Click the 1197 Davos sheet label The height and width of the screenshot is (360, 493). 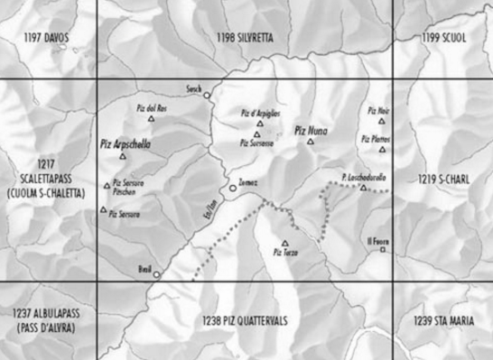(x=47, y=37)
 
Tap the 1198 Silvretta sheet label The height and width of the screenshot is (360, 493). (x=244, y=37)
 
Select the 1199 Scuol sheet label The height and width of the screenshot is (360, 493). (x=442, y=37)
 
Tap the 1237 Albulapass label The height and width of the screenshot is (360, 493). (x=45, y=319)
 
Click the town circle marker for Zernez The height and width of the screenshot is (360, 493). (x=232, y=188)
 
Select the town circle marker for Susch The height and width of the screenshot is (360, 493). (x=206, y=95)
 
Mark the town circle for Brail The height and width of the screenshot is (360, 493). (x=155, y=274)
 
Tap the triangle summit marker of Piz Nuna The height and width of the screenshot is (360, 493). (x=310, y=141)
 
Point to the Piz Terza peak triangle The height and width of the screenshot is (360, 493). (x=284, y=243)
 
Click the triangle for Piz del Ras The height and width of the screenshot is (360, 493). (x=152, y=118)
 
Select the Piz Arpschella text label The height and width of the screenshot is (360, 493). (x=126, y=143)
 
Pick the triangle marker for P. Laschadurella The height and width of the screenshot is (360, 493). (x=364, y=188)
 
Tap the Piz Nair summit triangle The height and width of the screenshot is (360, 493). (x=381, y=121)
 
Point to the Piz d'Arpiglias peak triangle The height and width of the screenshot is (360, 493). (x=257, y=124)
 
